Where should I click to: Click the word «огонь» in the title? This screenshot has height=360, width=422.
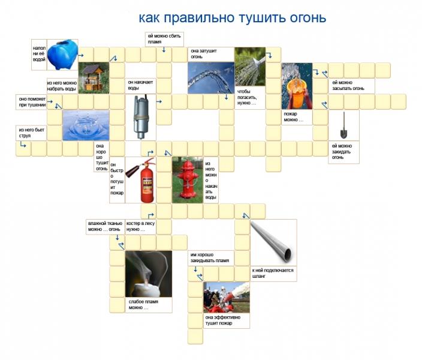[x=308, y=18]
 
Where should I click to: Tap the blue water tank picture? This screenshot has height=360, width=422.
[x=63, y=55]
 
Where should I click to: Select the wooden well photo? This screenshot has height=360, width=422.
[x=94, y=78]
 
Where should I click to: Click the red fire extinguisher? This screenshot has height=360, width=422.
[x=141, y=180]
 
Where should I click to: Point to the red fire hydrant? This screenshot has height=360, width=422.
[x=188, y=180]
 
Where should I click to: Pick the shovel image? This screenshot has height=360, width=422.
[x=343, y=125]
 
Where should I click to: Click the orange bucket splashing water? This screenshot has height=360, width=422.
[x=297, y=86]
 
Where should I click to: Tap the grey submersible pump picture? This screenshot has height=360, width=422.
[x=141, y=117]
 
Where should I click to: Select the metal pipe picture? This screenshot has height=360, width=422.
[x=273, y=242]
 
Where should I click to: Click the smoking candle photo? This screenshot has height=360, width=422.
[x=149, y=274]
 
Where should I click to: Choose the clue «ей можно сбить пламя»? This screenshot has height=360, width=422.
[x=164, y=39]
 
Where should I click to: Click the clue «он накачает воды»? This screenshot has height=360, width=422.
[x=140, y=85]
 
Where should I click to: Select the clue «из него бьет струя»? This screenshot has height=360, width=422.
[x=32, y=133]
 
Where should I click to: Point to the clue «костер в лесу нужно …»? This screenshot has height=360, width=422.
[x=140, y=226]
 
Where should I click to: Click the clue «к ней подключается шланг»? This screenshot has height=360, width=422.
[x=273, y=273]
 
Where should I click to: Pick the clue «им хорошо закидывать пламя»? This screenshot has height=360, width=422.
[x=210, y=257]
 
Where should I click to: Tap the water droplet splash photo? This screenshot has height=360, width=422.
[x=86, y=125]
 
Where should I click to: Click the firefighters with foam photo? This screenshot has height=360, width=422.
[x=227, y=298]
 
